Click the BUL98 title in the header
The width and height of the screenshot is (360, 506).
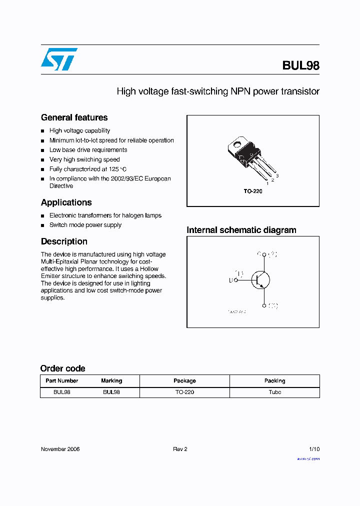tap(300, 65)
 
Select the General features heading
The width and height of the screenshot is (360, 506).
tap(74, 117)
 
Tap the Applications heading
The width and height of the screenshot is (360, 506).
tap(66, 202)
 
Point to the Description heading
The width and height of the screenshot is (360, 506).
tap(64, 241)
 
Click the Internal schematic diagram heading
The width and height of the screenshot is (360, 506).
tap(241, 230)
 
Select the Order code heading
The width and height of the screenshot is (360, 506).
tap(62, 368)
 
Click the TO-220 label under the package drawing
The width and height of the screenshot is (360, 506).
tap(253, 191)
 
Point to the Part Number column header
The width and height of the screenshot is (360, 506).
tap(61, 381)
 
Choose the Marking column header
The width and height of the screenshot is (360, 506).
tap(111, 381)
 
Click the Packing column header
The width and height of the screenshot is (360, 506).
tap(274, 381)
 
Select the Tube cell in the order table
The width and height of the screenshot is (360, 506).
tap(274, 392)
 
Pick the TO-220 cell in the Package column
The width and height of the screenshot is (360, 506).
tap(184, 392)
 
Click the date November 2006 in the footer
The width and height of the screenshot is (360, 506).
tap(60, 449)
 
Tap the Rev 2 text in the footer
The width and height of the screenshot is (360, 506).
tap(180, 449)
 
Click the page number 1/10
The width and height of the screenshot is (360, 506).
tap(313, 449)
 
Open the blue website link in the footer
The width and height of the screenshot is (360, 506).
tap(308, 458)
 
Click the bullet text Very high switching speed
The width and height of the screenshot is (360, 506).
tap(84, 159)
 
